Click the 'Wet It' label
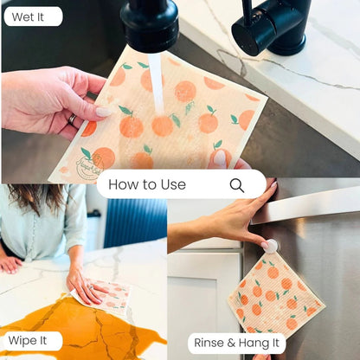[28, 17]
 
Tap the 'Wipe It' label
[28, 340]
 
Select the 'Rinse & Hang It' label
[236, 343]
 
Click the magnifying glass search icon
[237, 185]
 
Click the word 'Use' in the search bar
[173, 184]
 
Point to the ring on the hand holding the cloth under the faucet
[72, 119]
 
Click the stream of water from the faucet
[156, 84]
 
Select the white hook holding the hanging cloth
[271, 246]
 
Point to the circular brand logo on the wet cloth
[90, 165]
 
